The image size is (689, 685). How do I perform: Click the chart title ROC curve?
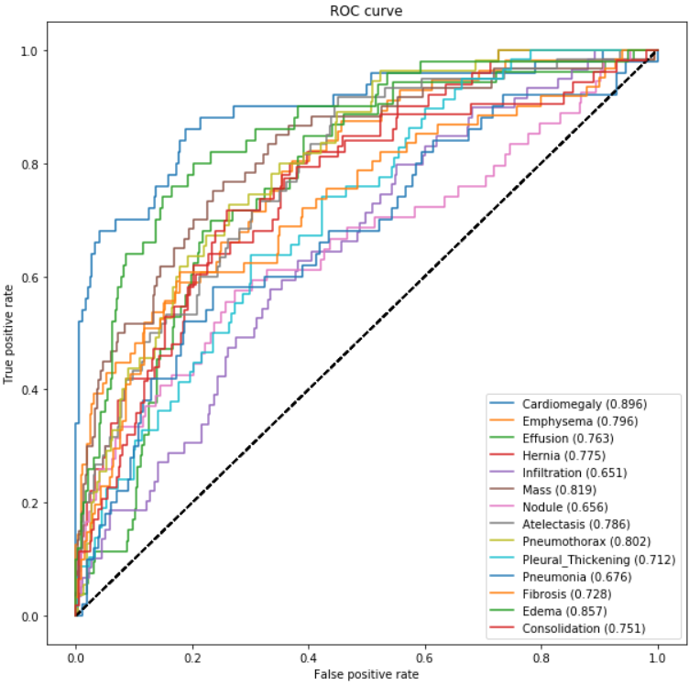[x=365, y=12]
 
